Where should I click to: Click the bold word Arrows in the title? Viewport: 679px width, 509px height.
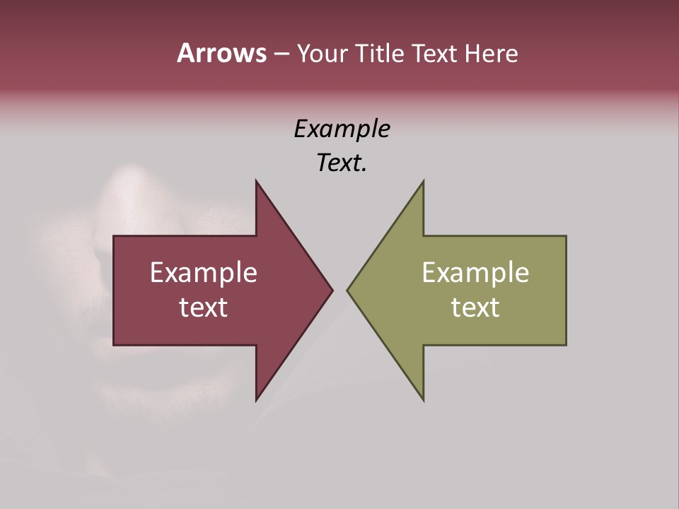[221, 53]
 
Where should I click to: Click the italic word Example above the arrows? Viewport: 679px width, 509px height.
[342, 129]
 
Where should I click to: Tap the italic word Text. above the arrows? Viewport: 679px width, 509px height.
[342, 163]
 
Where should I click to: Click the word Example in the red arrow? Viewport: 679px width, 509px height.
[204, 273]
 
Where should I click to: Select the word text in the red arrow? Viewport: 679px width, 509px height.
[204, 308]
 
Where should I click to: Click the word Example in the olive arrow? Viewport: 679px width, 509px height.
[475, 273]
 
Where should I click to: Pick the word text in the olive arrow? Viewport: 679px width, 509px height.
[475, 308]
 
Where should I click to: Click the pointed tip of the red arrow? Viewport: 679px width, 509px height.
[332, 290]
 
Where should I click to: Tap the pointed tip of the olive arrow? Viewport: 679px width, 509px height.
[348, 290]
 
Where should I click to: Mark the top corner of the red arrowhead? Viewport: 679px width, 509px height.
[257, 182]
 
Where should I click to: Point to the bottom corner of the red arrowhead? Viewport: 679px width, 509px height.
[257, 399]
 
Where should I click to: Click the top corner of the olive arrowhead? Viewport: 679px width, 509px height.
[423, 182]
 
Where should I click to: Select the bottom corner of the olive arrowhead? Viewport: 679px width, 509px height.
[423, 399]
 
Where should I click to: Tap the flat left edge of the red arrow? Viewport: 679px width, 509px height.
[114, 290]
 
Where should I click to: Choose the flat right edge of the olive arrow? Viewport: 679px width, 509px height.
[566, 290]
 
